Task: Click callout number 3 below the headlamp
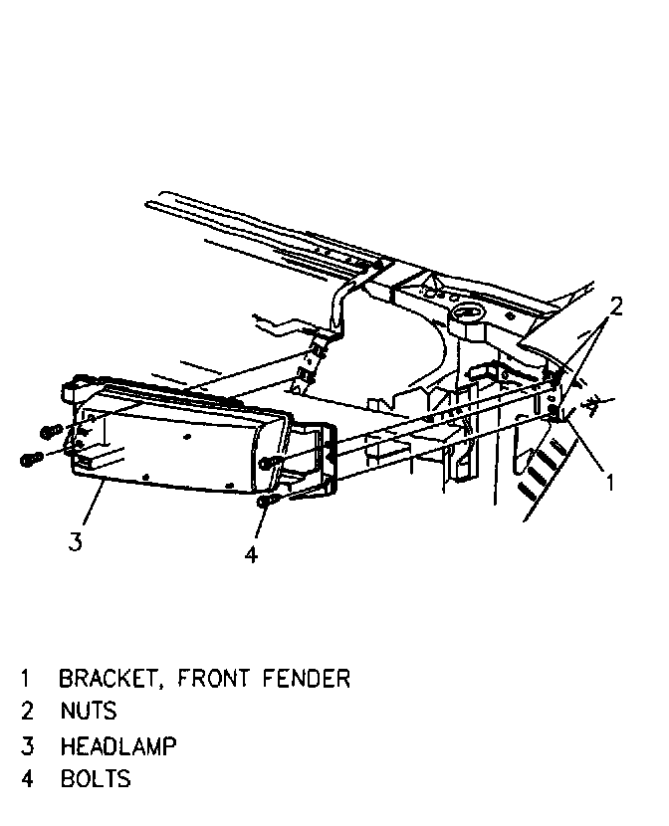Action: point(75,541)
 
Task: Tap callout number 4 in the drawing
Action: point(251,554)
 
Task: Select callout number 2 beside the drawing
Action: point(616,307)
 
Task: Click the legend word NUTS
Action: point(88,711)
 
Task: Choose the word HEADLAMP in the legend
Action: point(117,744)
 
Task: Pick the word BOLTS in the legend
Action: point(95,777)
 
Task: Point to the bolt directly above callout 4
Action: point(265,503)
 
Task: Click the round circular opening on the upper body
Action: point(467,318)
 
